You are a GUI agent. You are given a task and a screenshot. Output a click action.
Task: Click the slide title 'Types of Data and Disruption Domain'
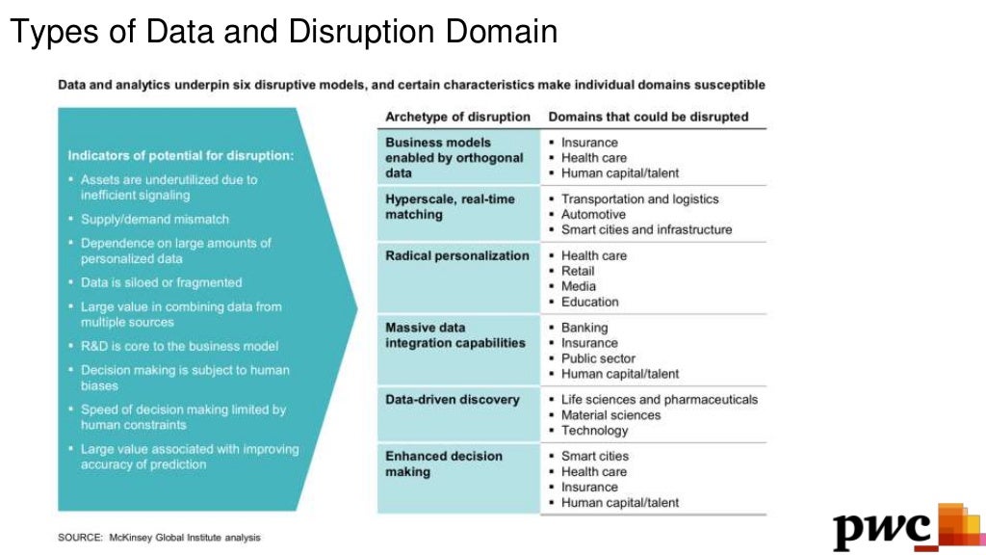pyautogui.click(x=283, y=32)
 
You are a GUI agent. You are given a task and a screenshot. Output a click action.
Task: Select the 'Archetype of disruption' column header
pyautogui.click(x=457, y=117)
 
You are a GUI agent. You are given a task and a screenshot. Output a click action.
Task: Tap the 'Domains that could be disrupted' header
pyautogui.click(x=648, y=117)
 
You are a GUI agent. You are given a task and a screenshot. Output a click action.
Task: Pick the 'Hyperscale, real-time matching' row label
pyautogui.click(x=450, y=207)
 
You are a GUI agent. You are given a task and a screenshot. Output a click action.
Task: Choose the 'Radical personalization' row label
pyautogui.click(x=457, y=255)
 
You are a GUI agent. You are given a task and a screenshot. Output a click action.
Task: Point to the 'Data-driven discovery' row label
pyautogui.click(x=452, y=399)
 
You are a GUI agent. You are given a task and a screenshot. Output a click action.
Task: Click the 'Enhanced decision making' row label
pyautogui.click(x=444, y=463)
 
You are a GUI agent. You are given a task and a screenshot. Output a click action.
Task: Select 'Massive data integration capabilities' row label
pyautogui.click(x=455, y=335)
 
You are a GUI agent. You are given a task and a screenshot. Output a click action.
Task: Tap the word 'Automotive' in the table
pyautogui.click(x=593, y=214)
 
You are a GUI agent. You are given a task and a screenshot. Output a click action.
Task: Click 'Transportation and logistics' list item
pyautogui.click(x=639, y=198)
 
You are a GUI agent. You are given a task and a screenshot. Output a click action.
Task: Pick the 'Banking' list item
pyautogui.click(x=584, y=328)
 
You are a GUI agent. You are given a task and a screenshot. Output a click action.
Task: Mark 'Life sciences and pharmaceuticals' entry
pyautogui.click(x=659, y=399)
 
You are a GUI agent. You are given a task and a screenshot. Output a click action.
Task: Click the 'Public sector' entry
pyautogui.click(x=598, y=358)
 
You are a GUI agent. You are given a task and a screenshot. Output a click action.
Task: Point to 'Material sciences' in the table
pyautogui.click(x=610, y=414)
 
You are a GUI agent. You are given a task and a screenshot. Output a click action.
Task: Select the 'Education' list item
pyautogui.click(x=589, y=302)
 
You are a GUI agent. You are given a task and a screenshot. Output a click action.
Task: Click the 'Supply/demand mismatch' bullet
pyautogui.click(x=155, y=219)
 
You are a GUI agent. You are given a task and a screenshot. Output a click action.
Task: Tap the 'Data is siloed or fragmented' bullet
pyautogui.click(x=161, y=282)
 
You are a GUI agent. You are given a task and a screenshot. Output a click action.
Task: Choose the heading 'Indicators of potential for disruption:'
pyautogui.click(x=181, y=155)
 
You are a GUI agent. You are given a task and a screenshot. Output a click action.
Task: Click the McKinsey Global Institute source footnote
pyautogui.click(x=159, y=537)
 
